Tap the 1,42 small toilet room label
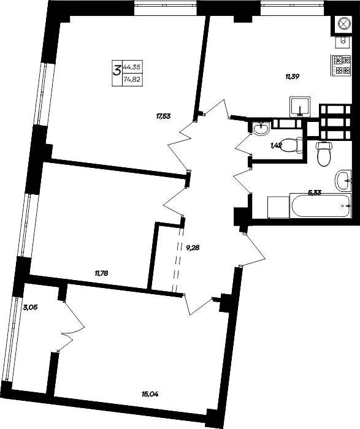pyautogui.click(x=277, y=145)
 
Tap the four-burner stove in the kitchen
pyautogui.click(x=339, y=65)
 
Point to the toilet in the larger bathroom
pyautogui.click(x=323, y=154)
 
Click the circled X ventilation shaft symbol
pyautogui.click(x=342, y=23)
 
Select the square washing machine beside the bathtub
pyautogui.click(x=277, y=207)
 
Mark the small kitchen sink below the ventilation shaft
pyautogui.click(x=342, y=42)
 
